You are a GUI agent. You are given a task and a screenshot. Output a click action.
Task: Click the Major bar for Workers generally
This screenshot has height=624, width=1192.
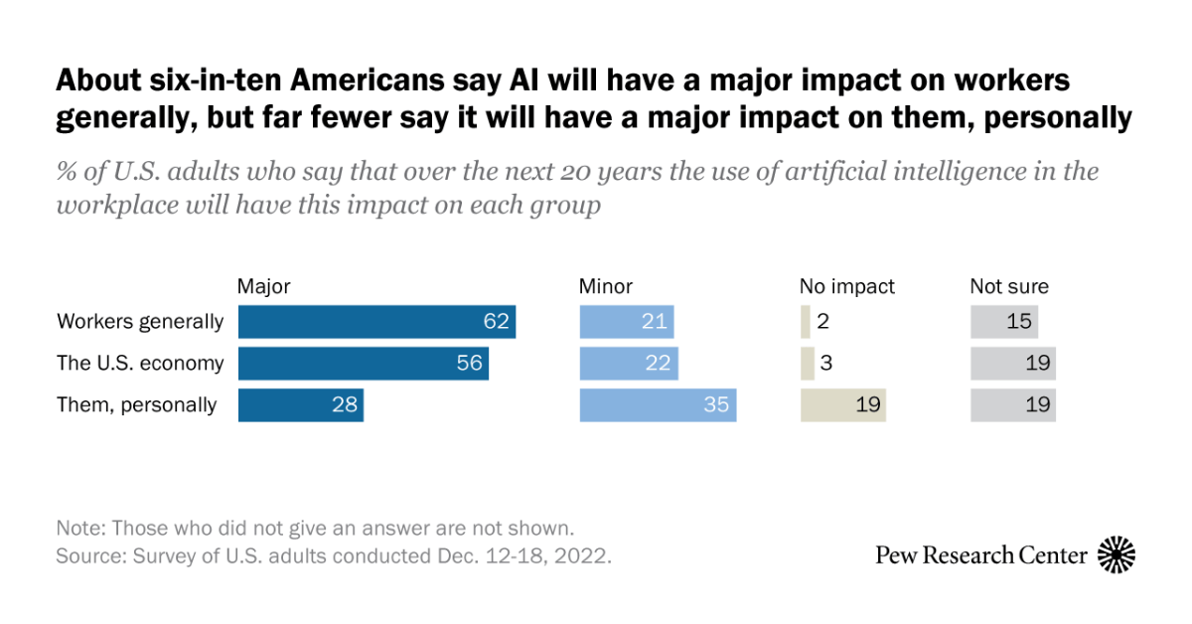click(376, 322)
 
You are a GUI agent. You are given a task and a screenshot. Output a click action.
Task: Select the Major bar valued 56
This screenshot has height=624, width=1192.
click(363, 364)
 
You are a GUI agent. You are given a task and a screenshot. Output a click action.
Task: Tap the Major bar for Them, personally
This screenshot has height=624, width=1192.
click(300, 405)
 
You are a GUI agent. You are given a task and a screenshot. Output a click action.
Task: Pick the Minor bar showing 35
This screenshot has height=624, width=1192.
click(658, 405)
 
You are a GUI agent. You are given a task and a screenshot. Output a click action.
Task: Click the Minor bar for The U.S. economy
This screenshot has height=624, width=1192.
click(628, 364)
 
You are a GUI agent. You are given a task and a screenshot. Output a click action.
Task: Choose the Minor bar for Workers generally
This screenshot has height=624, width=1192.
click(626, 322)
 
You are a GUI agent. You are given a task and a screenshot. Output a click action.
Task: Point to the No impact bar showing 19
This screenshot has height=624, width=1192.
click(842, 405)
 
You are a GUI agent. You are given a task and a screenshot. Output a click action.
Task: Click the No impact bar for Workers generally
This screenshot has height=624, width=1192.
click(805, 322)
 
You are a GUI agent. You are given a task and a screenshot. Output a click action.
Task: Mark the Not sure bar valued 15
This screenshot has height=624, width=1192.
click(1003, 322)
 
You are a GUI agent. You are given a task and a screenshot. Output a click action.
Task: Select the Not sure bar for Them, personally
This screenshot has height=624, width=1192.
click(1012, 405)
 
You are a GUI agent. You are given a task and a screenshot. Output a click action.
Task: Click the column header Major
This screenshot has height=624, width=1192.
click(263, 287)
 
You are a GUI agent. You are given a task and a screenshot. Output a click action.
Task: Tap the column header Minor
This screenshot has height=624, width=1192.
click(605, 287)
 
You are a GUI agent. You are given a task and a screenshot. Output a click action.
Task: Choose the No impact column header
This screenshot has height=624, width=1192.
click(846, 287)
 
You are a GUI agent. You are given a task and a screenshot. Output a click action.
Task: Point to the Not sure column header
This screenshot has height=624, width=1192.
click(1008, 287)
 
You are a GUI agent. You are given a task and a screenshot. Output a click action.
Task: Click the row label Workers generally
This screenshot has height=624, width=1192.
click(140, 322)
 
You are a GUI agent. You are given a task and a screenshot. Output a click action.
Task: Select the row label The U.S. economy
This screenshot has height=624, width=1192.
click(140, 364)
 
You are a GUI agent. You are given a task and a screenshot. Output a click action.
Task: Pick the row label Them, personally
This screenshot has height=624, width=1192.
click(136, 405)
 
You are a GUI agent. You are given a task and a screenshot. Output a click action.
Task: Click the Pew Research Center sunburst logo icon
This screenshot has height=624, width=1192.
click(1116, 554)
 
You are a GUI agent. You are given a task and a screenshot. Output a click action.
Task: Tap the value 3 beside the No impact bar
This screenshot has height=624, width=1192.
click(825, 364)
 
